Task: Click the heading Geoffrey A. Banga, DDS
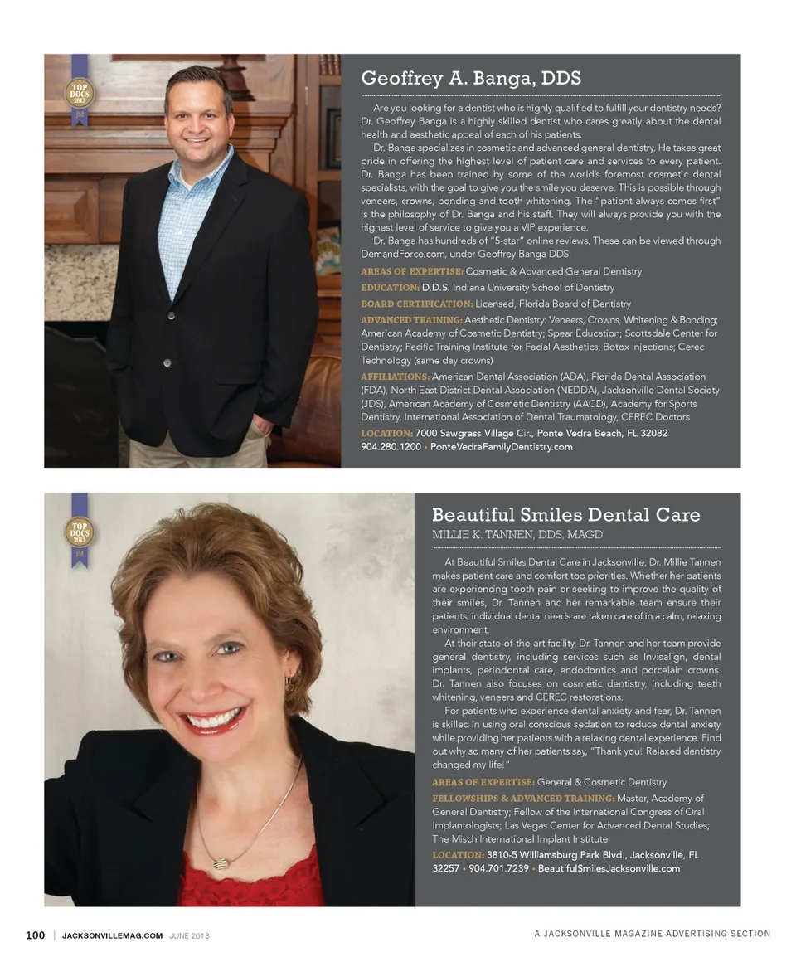tap(471, 79)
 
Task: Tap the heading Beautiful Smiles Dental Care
tap(565, 515)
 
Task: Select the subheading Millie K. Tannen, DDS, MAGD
tap(517, 535)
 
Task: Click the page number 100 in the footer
tap(35, 935)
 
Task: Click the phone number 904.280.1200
tap(391, 447)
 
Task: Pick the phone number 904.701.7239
tap(499, 868)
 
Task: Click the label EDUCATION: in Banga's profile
tap(390, 288)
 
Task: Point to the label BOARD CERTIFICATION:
tap(416, 304)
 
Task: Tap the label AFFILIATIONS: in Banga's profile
tap(395, 377)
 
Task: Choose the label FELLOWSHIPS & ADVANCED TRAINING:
tap(522, 798)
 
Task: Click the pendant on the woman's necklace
tap(221, 863)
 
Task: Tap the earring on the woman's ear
tap(289, 684)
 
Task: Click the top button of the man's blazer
tap(172, 315)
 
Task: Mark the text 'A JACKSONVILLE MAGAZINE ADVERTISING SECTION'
tap(652, 934)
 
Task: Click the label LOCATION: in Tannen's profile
tap(458, 854)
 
